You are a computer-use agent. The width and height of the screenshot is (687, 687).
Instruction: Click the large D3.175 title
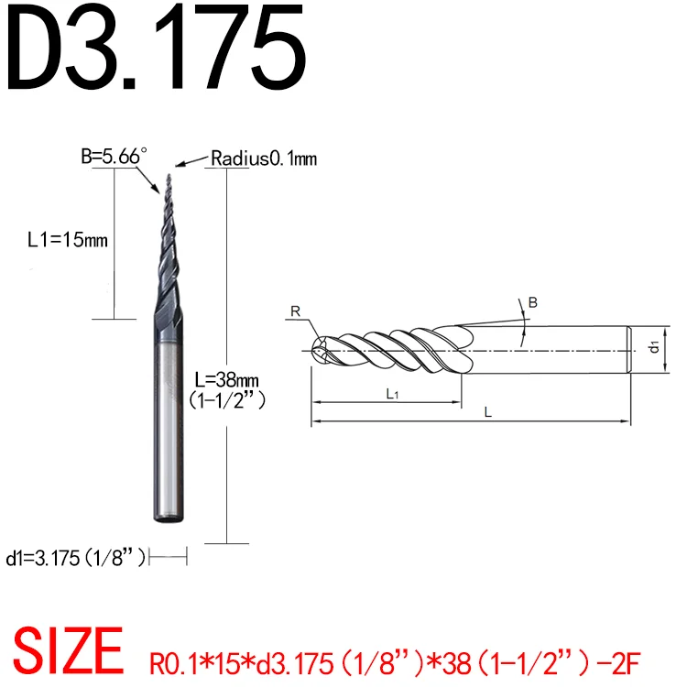coord(156,48)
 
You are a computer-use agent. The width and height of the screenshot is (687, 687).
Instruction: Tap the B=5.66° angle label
coord(114,156)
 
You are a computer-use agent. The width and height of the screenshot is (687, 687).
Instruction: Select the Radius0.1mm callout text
coord(264,158)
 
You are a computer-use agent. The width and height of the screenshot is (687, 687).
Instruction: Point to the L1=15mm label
coord(68,240)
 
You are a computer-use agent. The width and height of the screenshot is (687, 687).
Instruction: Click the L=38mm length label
coord(226,379)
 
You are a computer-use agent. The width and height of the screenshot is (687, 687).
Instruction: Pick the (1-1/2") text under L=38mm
coord(227,399)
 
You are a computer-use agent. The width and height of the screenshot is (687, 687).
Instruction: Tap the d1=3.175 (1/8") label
coord(75,558)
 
